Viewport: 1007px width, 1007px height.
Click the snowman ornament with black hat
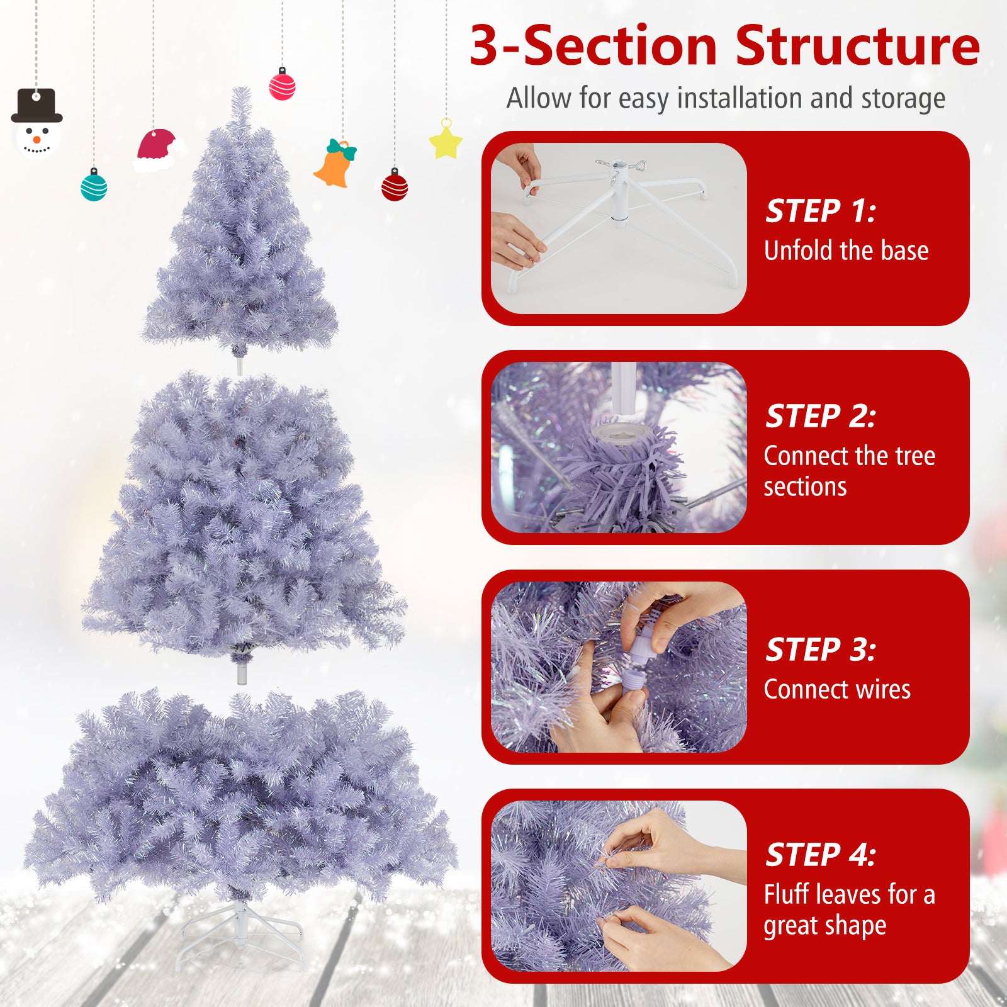[37, 126]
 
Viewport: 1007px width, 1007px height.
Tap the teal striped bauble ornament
[94, 186]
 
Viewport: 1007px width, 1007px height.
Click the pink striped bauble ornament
[282, 86]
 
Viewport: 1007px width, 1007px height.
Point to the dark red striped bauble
[395, 186]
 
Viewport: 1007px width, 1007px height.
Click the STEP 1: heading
[819, 211]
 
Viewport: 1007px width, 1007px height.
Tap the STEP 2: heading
[819, 416]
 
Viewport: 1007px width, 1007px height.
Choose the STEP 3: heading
[819, 650]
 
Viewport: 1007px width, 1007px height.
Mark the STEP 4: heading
[819, 855]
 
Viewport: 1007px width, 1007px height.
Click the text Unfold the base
[846, 250]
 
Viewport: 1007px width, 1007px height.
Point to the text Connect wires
[837, 689]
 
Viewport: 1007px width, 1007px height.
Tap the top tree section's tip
[240, 101]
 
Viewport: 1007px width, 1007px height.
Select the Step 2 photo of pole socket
[619, 447]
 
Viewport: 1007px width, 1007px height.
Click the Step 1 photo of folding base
[619, 228]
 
